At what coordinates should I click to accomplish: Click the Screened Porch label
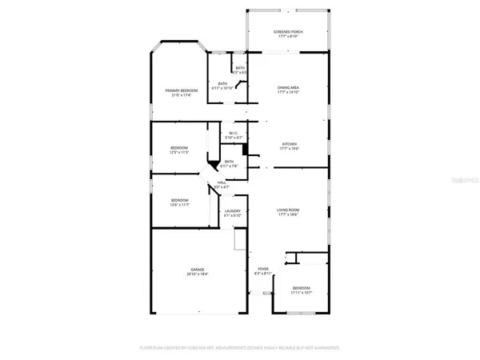pyautogui.click(x=288, y=31)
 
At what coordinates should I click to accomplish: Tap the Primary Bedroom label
pyautogui.click(x=180, y=91)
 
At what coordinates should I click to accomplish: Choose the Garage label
pyautogui.click(x=197, y=270)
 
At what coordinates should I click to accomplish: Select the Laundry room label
pyautogui.click(x=233, y=211)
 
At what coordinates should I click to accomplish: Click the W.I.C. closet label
pyautogui.click(x=234, y=134)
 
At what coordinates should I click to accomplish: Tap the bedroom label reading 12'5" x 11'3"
pyautogui.click(x=178, y=149)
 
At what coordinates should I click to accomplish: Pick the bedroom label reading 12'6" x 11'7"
pyautogui.click(x=178, y=200)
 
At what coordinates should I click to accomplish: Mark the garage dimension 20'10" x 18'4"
pyautogui.click(x=197, y=274)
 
